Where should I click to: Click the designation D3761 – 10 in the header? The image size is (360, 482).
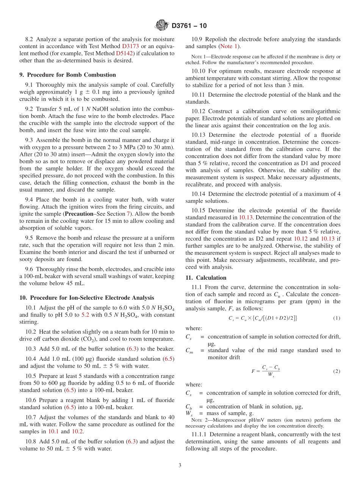189,26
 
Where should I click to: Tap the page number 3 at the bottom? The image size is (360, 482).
180,465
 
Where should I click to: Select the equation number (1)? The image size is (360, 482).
337,318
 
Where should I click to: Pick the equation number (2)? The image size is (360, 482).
337,371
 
